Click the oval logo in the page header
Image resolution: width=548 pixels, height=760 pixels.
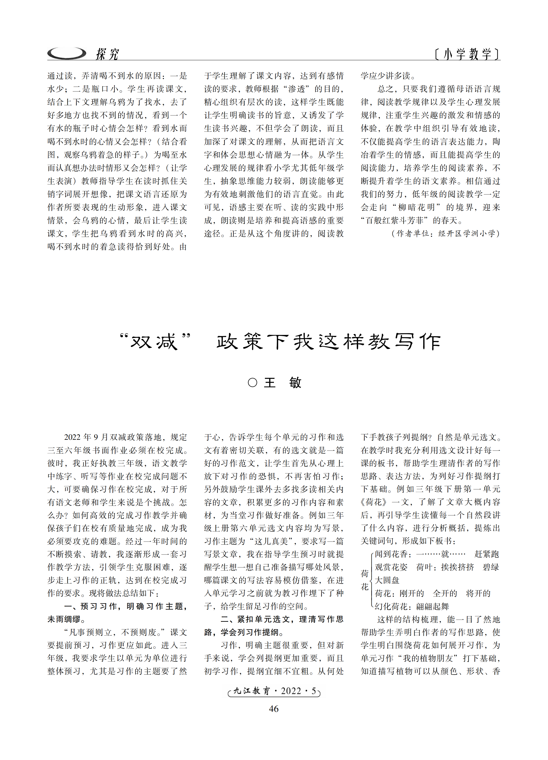pyautogui.click(x=66, y=53)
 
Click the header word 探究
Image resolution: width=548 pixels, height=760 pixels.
pyautogui.click(x=107, y=54)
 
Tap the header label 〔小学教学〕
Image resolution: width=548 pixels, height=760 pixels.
pyautogui.click(x=467, y=54)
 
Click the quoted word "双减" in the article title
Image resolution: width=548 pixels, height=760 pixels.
pyautogui.click(x=155, y=342)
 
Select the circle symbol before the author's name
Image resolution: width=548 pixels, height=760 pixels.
pyautogui.click(x=252, y=383)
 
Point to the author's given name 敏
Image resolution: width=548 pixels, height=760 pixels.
pyautogui.click(x=295, y=383)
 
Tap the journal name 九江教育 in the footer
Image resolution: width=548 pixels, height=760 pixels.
pyautogui.click(x=252, y=691)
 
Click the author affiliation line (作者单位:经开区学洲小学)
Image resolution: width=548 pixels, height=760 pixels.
pyautogui.click(x=445, y=234)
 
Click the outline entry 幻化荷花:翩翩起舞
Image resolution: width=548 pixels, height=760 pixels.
pyautogui.click(x=412, y=606)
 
